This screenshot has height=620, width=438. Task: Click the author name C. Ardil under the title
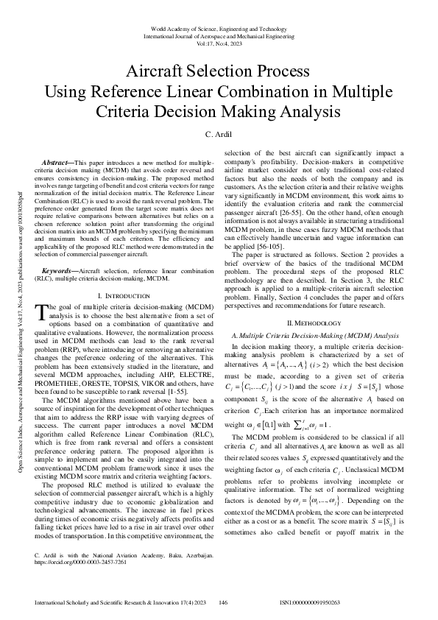click(219, 135)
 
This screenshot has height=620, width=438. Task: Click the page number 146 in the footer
click(224, 602)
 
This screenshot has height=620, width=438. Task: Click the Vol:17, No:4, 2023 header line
click(219, 43)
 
